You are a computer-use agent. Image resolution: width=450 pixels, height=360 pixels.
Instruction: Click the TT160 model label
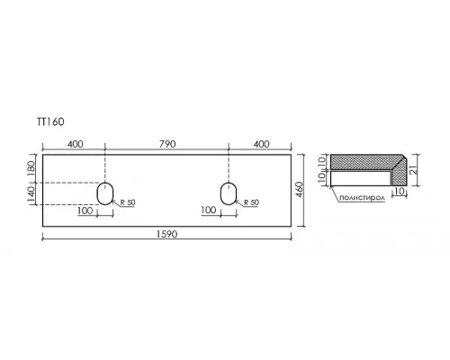click(50, 121)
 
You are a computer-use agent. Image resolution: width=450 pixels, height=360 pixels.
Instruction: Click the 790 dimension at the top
click(167, 144)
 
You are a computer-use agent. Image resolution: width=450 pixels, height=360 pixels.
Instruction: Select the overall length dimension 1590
click(166, 234)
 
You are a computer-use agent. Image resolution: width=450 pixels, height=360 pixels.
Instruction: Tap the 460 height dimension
click(300, 190)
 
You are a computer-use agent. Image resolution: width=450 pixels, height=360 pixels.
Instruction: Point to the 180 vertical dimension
click(31, 168)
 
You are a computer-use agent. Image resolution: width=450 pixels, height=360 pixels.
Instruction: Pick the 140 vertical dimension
click(31, 194)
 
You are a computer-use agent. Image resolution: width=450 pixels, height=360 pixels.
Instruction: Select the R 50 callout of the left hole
click(128, 202)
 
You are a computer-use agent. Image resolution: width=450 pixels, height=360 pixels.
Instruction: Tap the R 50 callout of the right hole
click(251, 202)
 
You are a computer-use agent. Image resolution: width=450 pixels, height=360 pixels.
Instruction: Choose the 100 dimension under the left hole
click(85, 211)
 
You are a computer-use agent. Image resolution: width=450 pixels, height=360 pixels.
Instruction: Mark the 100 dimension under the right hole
click(209, 210)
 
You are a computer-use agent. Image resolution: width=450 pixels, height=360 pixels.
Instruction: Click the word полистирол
click(362, 198)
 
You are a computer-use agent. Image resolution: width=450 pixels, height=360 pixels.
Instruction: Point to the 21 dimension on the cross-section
click(414, 170)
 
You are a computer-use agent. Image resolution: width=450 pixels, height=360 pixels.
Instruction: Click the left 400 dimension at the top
click(75, 144)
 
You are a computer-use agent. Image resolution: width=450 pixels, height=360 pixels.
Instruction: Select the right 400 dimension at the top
click(262, 144)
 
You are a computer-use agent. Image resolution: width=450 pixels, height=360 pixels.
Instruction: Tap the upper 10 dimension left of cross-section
click(321, 161)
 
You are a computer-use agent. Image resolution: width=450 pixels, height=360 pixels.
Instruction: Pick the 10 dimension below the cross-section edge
click(399, 192)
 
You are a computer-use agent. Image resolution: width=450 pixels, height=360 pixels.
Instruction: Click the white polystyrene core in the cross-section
click(360, 178)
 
